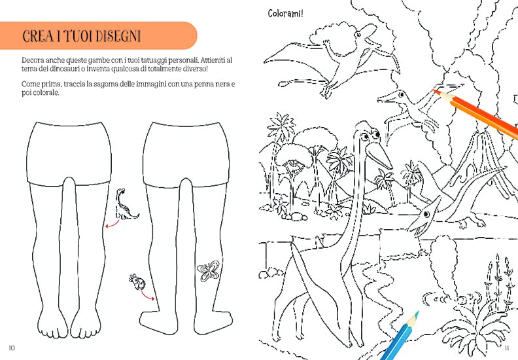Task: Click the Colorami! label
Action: click(x=285, y=14)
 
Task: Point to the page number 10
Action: click(x=12, y=348)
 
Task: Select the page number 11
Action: click(x=507, y=348)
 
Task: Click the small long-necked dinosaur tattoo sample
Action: click(x=126, y=204)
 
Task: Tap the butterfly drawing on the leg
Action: click(x=208, y=271)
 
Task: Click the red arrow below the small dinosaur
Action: click(x=112, y=224)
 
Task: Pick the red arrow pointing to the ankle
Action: click(x=147, y=295)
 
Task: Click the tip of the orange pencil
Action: click(x=433, y=90)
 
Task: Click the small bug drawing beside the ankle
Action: click(x=137, y=281)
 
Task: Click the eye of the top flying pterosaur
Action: click(x=358, y=35)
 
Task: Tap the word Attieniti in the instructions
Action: click(x=213, y=60)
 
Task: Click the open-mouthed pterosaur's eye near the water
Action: click(x=426, y=215)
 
